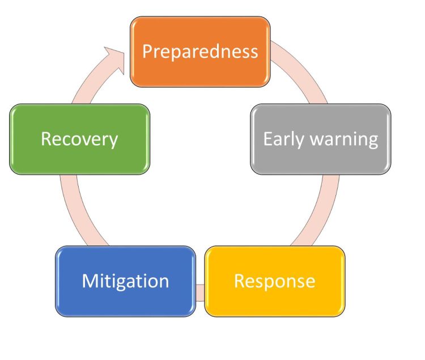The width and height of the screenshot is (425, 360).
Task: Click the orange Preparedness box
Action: coord(200,52)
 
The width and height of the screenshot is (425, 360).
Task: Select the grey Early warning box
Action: coord(321,139)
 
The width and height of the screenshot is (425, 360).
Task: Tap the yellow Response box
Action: coord(275,281)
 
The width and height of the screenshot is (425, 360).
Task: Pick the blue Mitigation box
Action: coord(125,281)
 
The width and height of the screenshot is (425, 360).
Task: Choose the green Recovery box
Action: coord(80,139)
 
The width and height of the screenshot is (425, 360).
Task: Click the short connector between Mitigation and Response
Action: coord(200,293)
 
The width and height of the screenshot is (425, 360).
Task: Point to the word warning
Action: coord(344,140)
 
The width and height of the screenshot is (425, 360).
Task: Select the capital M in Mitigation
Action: coord(90,281)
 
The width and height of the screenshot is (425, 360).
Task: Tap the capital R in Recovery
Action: coord(46,139)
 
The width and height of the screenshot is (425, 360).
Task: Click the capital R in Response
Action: coord(239,281)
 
